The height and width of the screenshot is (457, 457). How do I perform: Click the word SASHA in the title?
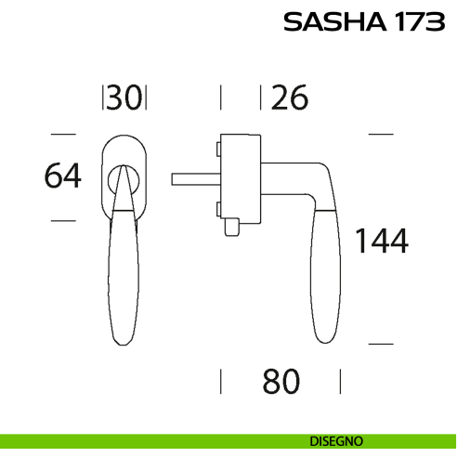coord(335,21)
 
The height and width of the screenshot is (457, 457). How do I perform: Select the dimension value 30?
coord(124,98)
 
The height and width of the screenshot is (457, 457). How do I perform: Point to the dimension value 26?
coord(290,98)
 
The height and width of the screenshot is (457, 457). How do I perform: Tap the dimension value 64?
coord(63,176)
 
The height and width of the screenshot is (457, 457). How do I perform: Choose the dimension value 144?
coord(382,241)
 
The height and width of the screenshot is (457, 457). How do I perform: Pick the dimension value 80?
coord(281,381)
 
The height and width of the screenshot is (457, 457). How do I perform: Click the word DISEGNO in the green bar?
coord(336,441)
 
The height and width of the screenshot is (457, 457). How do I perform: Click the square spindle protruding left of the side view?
coord(196,179)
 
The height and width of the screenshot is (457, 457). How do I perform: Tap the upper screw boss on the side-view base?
coord(218,149)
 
